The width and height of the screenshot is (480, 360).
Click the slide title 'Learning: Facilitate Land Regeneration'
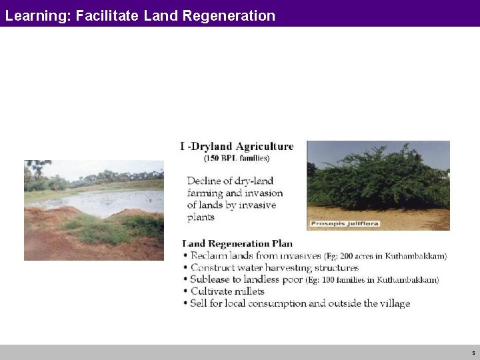pos(140,15)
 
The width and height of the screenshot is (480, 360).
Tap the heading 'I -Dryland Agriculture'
pos(237,146)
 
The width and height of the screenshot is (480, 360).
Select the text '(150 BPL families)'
pos(237,158)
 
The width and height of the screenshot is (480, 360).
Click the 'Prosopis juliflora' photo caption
pos(344,223)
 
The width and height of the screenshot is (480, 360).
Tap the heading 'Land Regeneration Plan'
pos(237,244)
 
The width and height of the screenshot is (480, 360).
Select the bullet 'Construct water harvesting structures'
pos(274,268)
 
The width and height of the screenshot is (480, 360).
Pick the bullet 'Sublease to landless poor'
pos(247,280)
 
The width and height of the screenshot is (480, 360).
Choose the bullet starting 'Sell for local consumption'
pos(300,303)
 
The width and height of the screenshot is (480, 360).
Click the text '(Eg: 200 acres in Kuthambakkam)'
pos(385,256)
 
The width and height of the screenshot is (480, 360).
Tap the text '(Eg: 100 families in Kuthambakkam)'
pos(372,280)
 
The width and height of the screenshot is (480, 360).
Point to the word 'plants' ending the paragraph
pos(201,217)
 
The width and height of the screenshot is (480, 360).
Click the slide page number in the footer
pos(473,352)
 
